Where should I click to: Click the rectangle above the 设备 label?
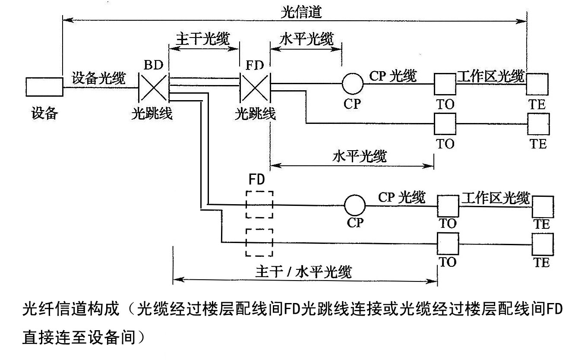pos(44,87)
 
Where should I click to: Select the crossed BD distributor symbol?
pos(154,87)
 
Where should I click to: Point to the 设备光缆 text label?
pos(99,78)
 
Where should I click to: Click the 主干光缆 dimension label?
pos(202,38)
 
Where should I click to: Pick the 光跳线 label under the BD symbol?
pos(152,114)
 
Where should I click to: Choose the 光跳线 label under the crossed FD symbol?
pos(255,114)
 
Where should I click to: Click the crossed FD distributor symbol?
pos(255,87)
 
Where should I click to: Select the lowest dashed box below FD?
pos(259,242)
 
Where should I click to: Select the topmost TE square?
pos(537,84)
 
